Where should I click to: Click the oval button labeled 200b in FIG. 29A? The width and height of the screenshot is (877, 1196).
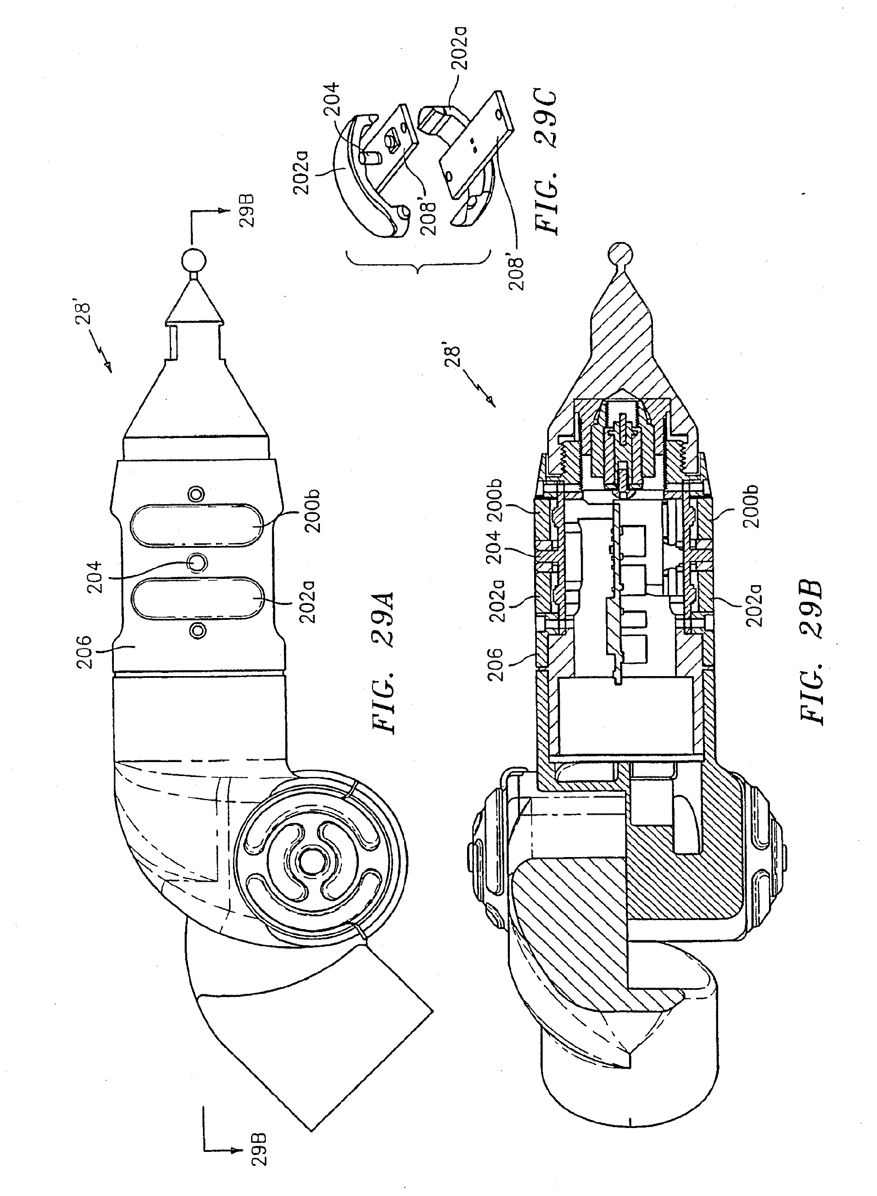[198, 523]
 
